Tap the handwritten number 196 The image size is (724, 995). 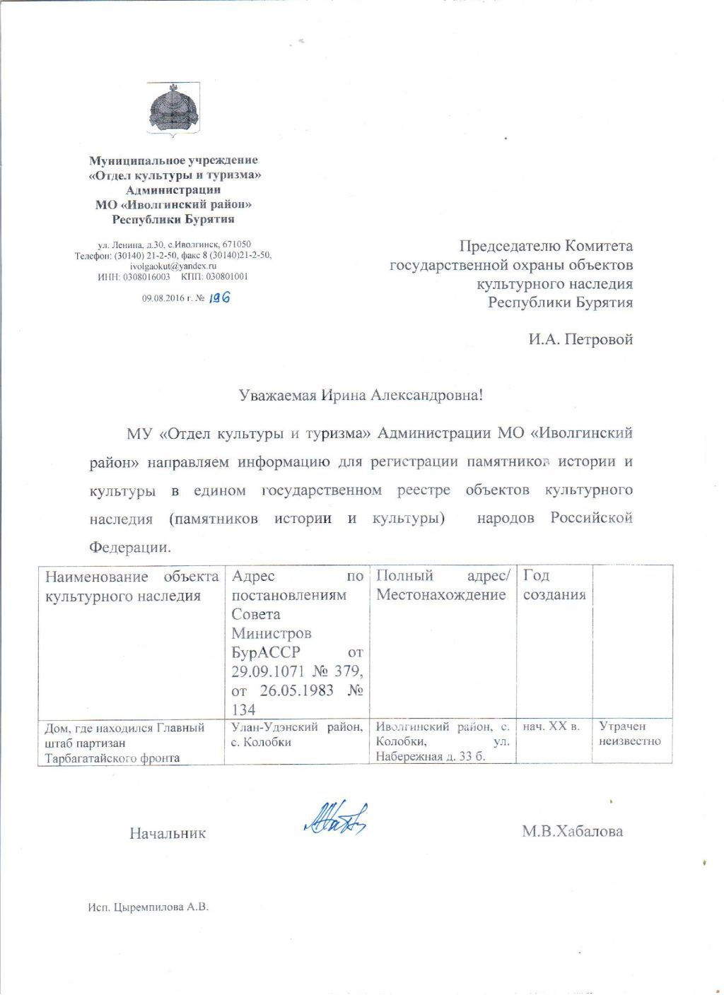click(221, 298)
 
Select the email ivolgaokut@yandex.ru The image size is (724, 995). click(173, 266)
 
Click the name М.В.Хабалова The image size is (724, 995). click(572, 832)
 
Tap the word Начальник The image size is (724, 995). click(168, 833)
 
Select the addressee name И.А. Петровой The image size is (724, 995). click(580, 339)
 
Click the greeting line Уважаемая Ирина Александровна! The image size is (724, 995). click(360, 395)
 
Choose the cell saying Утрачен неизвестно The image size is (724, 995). click(629, 734)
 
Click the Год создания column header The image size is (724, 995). click(554, 586)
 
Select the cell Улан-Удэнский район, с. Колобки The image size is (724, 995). click(297, 734)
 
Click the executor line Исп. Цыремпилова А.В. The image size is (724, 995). click(144, 907)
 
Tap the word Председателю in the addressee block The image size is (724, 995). click(508, 246)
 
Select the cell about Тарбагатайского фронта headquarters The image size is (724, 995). click(126, 742)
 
